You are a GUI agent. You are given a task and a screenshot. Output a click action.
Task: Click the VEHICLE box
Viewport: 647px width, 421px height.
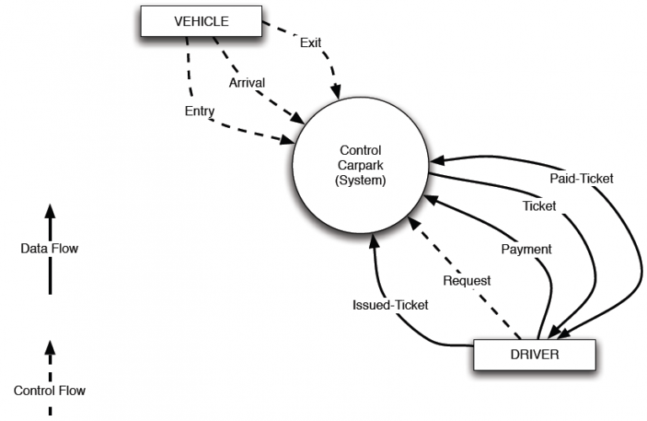[x=201, y=22]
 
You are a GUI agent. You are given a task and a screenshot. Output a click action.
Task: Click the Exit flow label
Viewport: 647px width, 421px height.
[x=311, y=42]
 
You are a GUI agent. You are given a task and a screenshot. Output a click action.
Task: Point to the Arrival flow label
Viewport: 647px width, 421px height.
[x=247, y=83]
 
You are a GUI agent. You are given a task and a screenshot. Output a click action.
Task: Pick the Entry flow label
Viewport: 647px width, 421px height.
[x=200, y=111]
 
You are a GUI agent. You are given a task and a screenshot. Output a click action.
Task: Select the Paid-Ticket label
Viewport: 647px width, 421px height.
[x=581, y=179]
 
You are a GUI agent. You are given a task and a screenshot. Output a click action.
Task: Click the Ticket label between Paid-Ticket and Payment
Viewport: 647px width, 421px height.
[x=539, y=206]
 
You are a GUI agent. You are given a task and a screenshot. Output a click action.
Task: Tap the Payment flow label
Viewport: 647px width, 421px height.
[x=526, y=249]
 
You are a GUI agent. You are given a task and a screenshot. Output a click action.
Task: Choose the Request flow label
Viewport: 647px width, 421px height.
[x=466, y=280]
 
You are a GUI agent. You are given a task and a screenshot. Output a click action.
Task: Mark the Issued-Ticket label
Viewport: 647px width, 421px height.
[x=390, y=305]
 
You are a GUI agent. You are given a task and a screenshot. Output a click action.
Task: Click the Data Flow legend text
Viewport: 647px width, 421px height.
[x=50, y=248]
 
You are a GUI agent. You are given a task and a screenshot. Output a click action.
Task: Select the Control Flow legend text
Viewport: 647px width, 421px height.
[x=50, y=391]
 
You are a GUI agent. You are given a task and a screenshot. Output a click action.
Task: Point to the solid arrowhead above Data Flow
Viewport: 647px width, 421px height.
[x=50, y=210]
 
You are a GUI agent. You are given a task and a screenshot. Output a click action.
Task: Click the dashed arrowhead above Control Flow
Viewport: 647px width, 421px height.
[x=50, y=346]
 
